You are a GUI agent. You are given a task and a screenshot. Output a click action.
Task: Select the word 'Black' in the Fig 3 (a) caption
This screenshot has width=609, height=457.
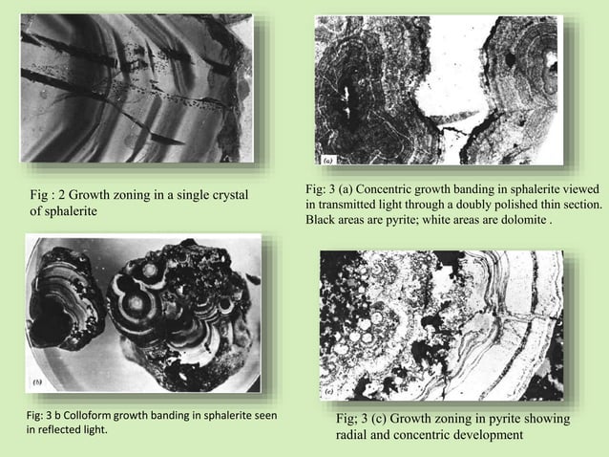click(x=321, y=219)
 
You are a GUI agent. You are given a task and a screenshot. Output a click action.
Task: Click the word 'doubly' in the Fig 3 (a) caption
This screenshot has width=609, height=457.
click(x=474, y=205)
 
